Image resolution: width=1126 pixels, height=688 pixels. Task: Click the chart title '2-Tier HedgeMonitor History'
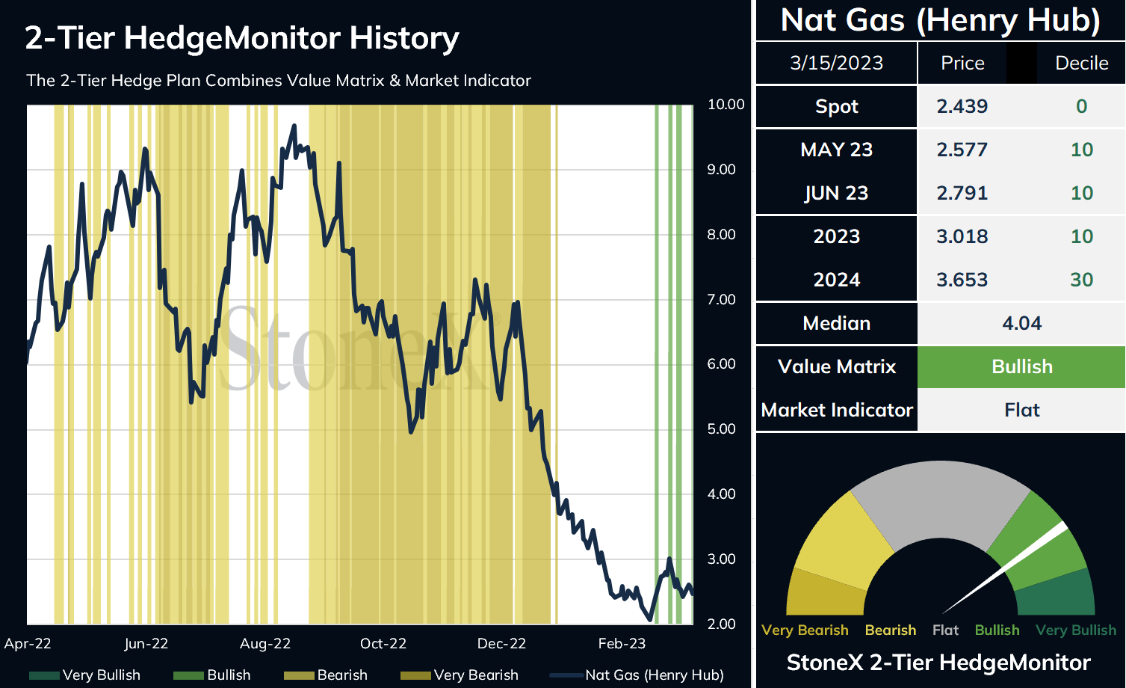(x=242, y=39)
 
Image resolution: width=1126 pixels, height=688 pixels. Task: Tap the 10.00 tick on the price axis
(x=726, y=105)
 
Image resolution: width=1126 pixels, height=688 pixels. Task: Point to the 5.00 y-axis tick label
(x=721, y=429)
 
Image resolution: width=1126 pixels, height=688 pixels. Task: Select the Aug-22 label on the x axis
(x=265, y=644)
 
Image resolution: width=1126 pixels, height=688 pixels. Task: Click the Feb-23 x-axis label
(x=622, y=644)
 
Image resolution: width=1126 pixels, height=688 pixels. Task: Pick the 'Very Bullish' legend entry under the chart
(x=85, y=675)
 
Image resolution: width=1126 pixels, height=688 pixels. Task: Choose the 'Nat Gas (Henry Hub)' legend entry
(x=637, y=675)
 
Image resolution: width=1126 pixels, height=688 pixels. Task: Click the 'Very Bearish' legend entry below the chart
(x=460, y=675)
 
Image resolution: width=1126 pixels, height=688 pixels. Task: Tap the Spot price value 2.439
(x=962, y=106)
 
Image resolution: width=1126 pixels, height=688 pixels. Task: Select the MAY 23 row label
(x=836, y=150)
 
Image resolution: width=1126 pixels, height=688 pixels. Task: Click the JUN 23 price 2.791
(x=962, y=193)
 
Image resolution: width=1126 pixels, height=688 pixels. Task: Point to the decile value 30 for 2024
(x=1082, y=280)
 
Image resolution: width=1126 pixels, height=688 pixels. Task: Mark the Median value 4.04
(x=1022, y=323)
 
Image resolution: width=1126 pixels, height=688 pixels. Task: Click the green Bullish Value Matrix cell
(x=1021, y=367)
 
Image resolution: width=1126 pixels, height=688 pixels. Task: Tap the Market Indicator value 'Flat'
(x=1022, y=411)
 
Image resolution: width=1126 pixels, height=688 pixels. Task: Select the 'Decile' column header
(x=1082, y=63)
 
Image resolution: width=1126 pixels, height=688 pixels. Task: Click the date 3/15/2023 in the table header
(x=836, y=63)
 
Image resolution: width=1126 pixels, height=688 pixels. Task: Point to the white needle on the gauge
(x=1004, y=568)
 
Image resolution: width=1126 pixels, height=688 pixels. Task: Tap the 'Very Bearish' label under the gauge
(x=805, y=630)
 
